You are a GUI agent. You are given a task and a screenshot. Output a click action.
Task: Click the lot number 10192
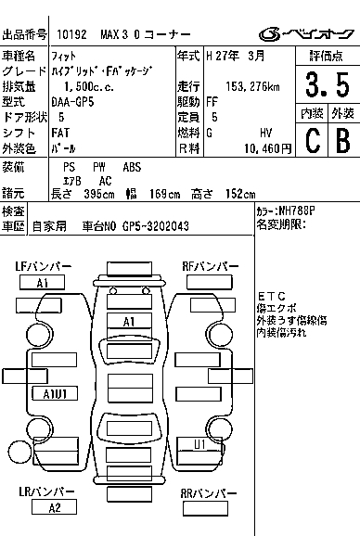pyautogui.click(x=71, y=34)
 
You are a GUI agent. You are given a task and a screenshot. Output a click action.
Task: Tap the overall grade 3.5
pyautogui.click(x=328, y=84)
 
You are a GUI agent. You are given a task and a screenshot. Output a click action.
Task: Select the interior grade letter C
pyautogui.click(x=313, y=140)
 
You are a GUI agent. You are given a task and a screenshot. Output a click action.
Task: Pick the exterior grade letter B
pyautogui.click(x=343, y=140)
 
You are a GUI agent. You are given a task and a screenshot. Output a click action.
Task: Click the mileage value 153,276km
pyautogui.click(x=252, y=87)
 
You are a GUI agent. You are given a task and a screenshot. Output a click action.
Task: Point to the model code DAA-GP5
pyautogui.click(x=72, y=102)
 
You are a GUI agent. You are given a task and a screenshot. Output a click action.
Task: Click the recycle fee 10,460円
pyautogui.click(x=268, y=148)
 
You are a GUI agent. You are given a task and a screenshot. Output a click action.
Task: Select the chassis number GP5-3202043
pyautogui.click(x=156, y=226)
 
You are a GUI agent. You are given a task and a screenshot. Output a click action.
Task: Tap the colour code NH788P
pyautogui.click(x=296, y=211)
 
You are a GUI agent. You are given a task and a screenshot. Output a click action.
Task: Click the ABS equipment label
pyautogui.click(x=132, y=167)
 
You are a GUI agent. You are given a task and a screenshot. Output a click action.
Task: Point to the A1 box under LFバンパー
pyautogui.click(x=42, y=283)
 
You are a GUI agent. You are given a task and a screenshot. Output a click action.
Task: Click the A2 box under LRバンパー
pyautogui.click(x=54, y=507)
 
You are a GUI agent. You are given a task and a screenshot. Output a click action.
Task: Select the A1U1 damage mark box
pyautogui.click(x=55, y=394)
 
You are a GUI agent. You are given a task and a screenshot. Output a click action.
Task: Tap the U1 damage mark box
pyautogui.click(x=199, y=444)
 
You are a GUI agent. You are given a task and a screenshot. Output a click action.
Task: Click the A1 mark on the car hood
pyautogui.click(x=129, y=322)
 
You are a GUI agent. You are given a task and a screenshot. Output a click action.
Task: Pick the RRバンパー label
pyautogui.click(x=208, y=493)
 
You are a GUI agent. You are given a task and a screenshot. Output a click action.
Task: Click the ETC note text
pyautogui.click(x=272, y=296)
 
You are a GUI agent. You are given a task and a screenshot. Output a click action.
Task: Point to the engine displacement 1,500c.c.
pyautogui.click(x=89, y=87)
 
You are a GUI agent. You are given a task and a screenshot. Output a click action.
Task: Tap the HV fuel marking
pyautogui.click(x=265, y=133)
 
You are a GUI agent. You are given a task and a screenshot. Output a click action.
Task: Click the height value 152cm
pyautogui.click(x=240, y=194)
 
